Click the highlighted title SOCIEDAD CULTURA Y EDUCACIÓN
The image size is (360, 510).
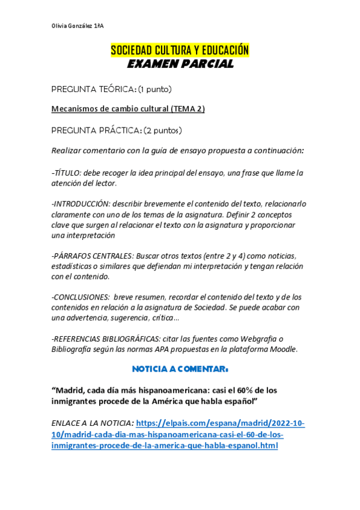(180, 51)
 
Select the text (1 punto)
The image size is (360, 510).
(154, 89)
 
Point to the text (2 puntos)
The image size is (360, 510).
(163, 130)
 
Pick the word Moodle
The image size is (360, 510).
(281, 349)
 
